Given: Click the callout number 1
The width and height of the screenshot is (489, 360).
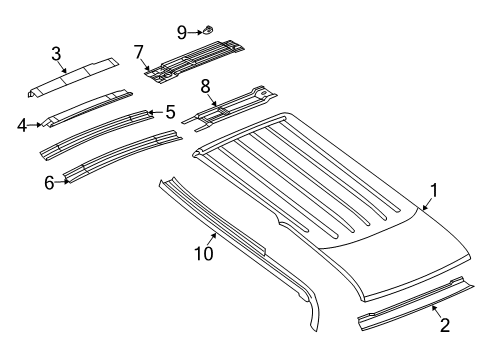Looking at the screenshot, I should click(434, 189).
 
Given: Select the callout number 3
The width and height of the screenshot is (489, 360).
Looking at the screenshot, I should click(56, 53).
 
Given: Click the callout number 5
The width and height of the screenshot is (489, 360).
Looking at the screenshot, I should click(170, 112).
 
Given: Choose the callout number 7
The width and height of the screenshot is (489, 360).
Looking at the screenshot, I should click(140, 50).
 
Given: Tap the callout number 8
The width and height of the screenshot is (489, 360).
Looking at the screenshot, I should click(205, 86).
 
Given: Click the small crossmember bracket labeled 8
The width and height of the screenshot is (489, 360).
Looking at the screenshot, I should click(235, 105).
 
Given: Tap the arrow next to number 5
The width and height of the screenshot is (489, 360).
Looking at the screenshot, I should click(154, 113).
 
